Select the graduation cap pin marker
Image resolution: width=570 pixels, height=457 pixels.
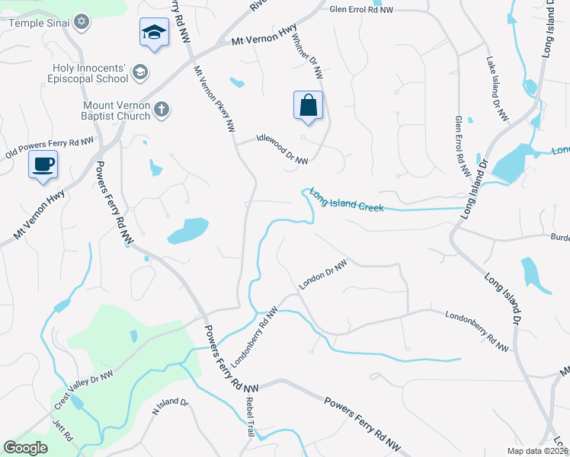pyautogui.click(x=154, y=34)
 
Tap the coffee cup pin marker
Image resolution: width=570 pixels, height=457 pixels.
pyautogui.click(x=43, y=163)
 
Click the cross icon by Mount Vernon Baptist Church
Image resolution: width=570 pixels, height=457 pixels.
pyautogui.click(x=160, y=110)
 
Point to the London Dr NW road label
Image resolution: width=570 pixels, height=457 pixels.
pyautogui.click(x=322, y=274)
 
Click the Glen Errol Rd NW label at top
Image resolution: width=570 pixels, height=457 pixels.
pyautogui.click(x=361, y=9)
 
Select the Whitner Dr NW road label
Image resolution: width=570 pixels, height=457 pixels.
pyautogui.click(x=306, y=56)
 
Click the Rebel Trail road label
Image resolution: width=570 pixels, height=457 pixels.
pyautogui.click(x=249, y=417)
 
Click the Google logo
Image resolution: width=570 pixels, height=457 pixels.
pyautogui.click(x=26, y=447)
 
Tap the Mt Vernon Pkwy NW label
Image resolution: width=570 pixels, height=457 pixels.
pyautogui.click(x=214, y=100)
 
